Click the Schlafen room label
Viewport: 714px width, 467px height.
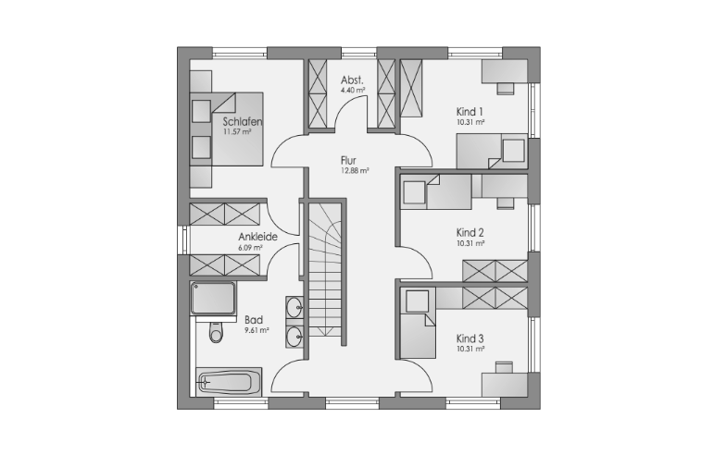243,121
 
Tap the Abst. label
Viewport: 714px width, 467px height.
352,80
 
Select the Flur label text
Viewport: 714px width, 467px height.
348,160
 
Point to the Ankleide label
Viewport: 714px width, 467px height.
257,237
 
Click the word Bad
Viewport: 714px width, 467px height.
254,320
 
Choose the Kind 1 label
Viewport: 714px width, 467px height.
470,112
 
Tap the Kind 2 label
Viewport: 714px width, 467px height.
470,233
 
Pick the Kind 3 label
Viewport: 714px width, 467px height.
470,338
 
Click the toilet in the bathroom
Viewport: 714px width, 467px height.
216,331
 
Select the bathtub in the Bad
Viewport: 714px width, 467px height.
229,382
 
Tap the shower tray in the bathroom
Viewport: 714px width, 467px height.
214,299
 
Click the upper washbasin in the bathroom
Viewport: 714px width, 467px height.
294,307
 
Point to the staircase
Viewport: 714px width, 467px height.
325,269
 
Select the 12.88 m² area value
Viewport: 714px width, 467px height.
355,171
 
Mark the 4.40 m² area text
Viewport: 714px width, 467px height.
354,90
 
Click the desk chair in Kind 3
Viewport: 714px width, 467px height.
504,367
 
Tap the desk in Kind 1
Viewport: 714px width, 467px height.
505,72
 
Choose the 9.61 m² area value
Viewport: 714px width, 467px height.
257,330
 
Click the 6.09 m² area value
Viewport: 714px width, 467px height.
250,248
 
